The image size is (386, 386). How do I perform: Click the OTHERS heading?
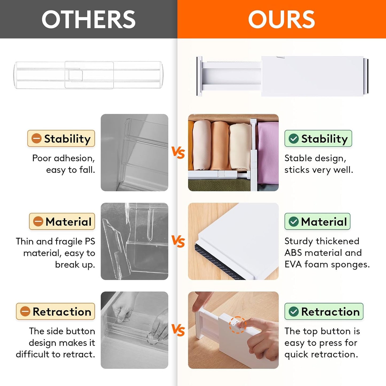(x=88, y=19)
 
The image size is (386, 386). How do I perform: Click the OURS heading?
(x=281, y=19)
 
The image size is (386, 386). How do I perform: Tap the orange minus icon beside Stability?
(x=36, y=138)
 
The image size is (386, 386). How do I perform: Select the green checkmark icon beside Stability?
(x=294, y=138)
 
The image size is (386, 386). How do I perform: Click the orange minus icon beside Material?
(x=38, y=221)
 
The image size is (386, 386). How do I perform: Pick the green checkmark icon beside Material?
(x=294, y=221)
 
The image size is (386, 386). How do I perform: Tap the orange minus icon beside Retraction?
(x=25, y=311)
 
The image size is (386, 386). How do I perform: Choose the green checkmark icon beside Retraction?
(x=294, y=311)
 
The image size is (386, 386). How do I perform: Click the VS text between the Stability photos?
(x=178, y=153)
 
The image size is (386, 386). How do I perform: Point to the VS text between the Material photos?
(x=178, y=241)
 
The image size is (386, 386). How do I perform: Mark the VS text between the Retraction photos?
(x=178, y=330)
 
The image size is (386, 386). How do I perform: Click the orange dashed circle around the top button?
(x=237, y=325)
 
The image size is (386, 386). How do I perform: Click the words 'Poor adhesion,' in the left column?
(x=63, y=158)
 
